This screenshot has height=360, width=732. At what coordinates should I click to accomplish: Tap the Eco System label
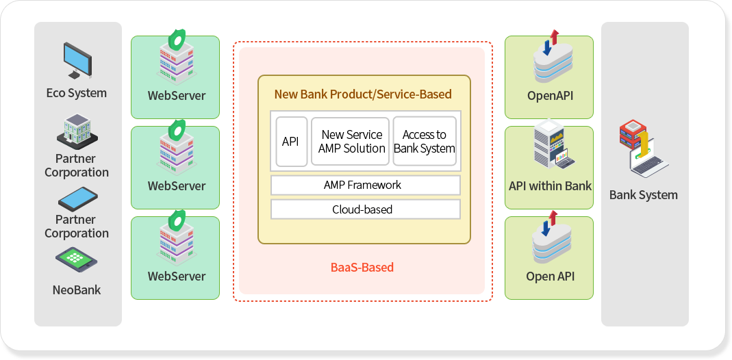pos(77,93)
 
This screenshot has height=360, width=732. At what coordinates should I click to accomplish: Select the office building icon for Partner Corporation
pos(77,131)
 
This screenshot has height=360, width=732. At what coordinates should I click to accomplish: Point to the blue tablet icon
pos(77,199)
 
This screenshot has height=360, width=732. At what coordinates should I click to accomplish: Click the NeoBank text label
pos(77,290)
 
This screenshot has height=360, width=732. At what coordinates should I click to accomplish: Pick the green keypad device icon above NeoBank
pos(77,260)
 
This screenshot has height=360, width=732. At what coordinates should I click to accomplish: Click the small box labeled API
pos(291,141)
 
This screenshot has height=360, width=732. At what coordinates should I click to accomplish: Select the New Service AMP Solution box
pos(350,141)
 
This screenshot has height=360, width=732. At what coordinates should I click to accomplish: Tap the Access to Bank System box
pos(425,141)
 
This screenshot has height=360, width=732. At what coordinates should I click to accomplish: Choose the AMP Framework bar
pos(366,185)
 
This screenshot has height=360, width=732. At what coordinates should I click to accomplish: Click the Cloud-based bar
pos(366,209)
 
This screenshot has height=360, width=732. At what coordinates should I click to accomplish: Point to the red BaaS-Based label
pos(362,267)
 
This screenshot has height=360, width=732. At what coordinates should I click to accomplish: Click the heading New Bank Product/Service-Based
pos(363,94)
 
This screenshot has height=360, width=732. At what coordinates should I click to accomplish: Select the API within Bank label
pos(550,186)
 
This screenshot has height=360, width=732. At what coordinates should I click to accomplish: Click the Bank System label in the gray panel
pos(643,194)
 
